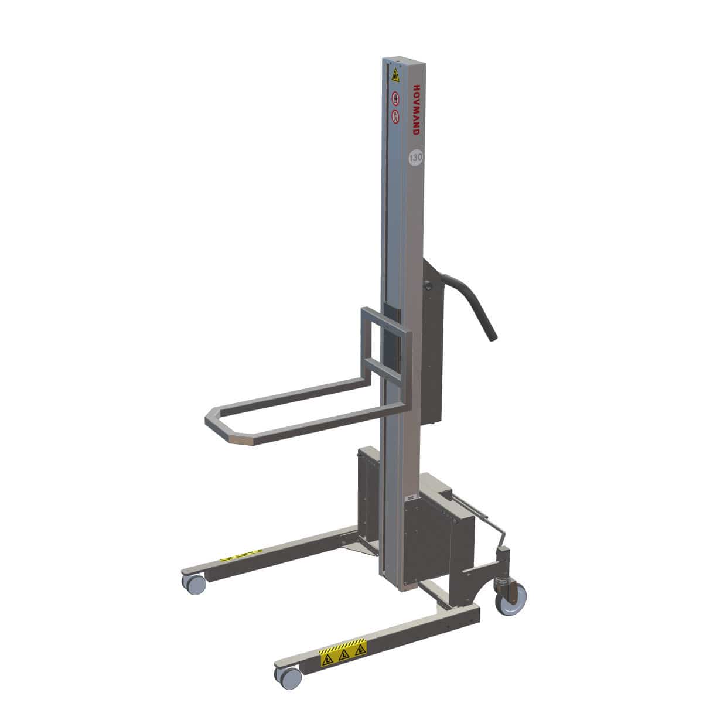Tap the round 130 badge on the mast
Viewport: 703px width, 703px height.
(x=415, y=156)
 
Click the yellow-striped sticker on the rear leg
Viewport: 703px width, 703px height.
(x=242, y=554)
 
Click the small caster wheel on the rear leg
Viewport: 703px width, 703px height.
(x=193, y=582)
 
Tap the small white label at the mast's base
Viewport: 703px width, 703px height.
(x=411, y=497)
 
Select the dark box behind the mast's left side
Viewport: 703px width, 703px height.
(x=370, y=493)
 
